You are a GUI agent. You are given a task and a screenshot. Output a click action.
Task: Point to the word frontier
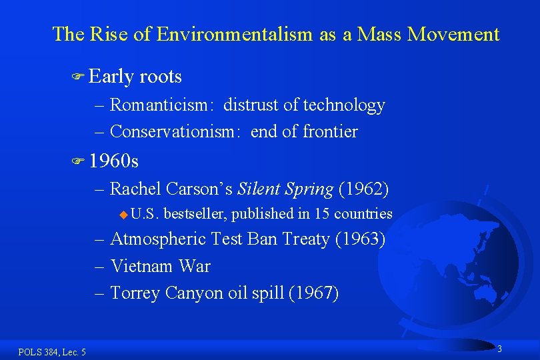point(330,131)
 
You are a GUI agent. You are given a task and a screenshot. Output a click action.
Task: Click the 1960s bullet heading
point(114,161)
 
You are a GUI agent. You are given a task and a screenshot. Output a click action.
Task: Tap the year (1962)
point(364,189)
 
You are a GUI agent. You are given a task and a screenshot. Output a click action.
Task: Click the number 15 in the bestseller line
point(322,214)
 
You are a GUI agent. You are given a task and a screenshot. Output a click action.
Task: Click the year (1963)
point(361,238)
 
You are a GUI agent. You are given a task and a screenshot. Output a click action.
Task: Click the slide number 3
point(499,349)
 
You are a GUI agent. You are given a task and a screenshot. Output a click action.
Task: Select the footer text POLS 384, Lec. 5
point(52,351)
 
